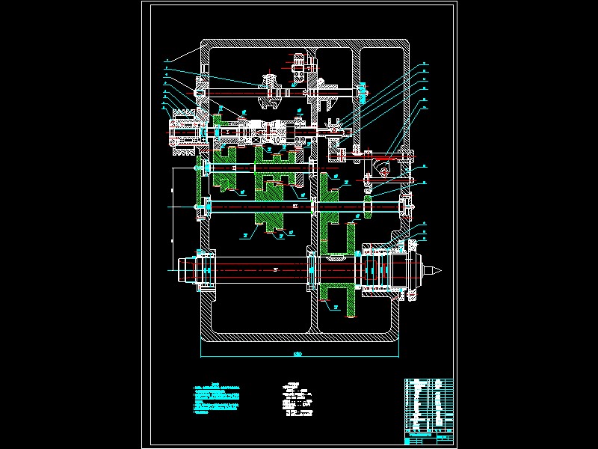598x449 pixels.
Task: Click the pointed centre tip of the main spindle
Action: tap(443, 267)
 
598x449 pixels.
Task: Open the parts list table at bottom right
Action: tap(428, 409)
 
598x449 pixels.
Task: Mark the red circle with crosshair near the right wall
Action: tap(384, 173)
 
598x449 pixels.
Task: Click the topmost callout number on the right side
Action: tap(423, 62)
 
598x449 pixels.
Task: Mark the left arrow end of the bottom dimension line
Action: tap(201, 352)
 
